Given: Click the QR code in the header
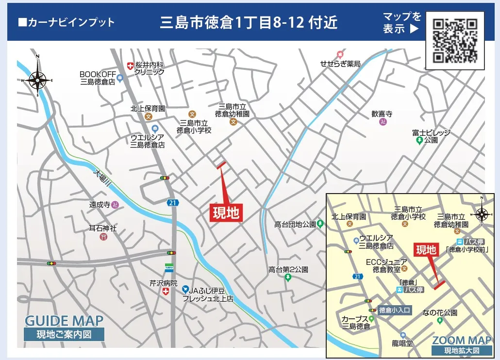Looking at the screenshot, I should point(454,40).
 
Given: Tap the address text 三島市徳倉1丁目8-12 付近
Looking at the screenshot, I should point(249,23).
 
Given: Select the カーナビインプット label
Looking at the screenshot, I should point(66,22).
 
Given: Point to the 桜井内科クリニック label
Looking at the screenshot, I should point(150,68).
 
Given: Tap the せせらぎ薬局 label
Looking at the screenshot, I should point(340,64).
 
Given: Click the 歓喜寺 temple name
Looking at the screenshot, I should point(382,114).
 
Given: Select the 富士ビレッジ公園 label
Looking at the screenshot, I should point(431,136).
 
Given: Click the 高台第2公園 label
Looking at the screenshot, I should point(288,269).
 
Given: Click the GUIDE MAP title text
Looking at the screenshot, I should point(64,321).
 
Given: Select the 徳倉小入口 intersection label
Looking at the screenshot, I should point(395,310).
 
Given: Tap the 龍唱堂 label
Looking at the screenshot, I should point(403,343).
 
